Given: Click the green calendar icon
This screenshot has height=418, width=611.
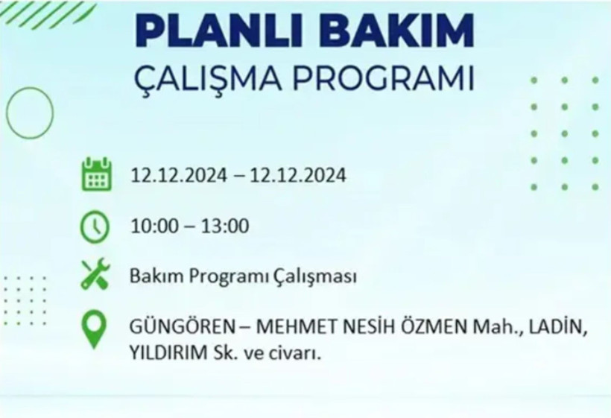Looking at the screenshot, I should point(96,174).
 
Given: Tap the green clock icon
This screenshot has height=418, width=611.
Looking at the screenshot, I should point(95,227).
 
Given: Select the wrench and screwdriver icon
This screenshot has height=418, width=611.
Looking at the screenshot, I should point(95,277).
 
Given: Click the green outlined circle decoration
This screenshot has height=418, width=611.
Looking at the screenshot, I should point(30,114).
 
